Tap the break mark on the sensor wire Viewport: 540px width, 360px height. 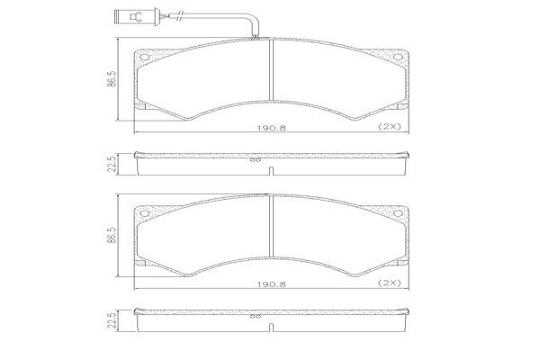pos(179,15)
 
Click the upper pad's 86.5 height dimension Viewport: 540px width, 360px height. pos(112,79)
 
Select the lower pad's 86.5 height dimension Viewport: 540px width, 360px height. pos(112,235)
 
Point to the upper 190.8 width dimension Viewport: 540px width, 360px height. pos(271,128)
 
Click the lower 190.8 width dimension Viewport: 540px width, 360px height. pos(271,284)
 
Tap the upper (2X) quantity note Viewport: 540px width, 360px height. pos(390,126)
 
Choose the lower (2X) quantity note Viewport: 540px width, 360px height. pos(390,283)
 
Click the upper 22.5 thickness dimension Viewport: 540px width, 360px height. pos(112,164)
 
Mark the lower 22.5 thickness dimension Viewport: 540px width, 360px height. pos(112,320)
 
